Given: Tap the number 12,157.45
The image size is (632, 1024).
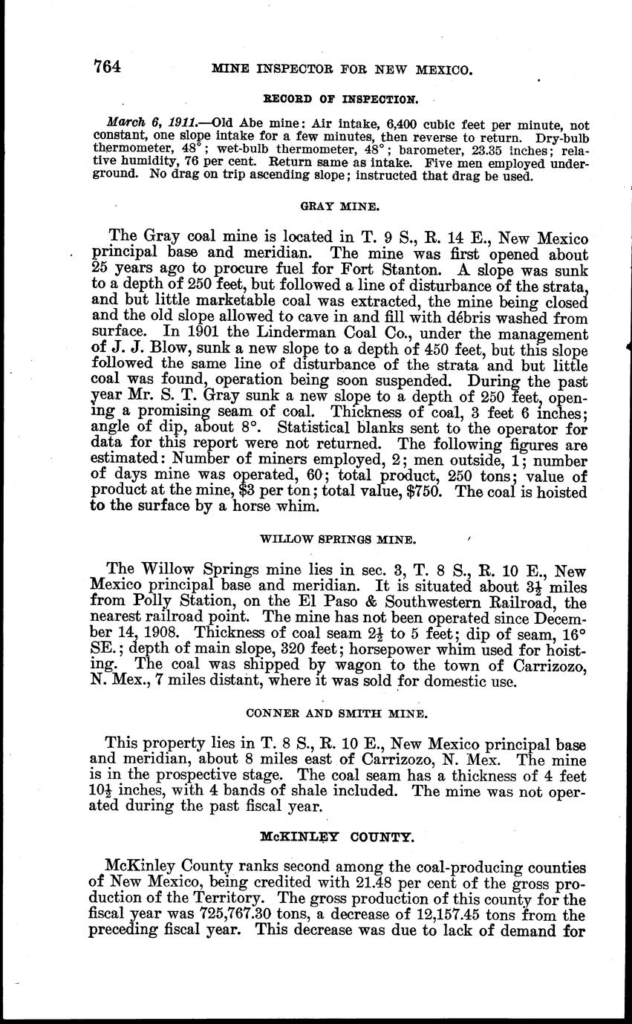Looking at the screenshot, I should (x=455, y=915).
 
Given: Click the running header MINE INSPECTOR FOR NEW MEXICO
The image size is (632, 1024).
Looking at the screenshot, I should (x=342, y=70).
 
